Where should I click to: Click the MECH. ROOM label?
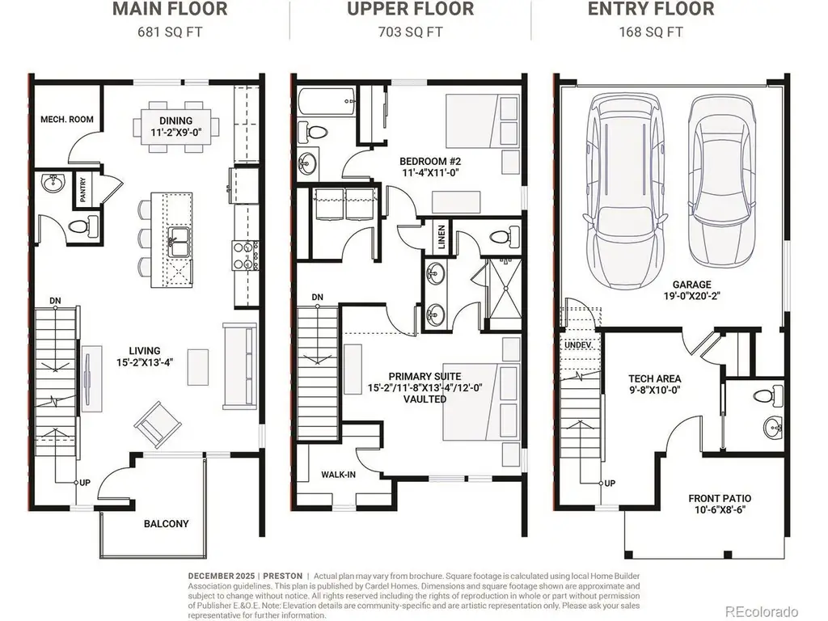click(67, 120)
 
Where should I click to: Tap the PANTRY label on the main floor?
click(83, 189)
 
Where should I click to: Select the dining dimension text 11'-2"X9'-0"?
click(176, 132)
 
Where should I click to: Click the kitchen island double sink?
click(179, 243)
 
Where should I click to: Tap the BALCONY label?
click(167, 524)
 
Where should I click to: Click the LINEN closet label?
click(441, 237)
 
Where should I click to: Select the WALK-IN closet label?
click(339, 475)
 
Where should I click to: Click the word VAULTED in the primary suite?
click(425, 399)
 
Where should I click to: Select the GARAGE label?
click(692, 285)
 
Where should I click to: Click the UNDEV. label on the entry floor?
click(579, 344)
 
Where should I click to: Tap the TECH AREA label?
click(655, 378)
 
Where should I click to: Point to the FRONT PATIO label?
click(720, 498)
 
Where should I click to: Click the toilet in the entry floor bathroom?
click(769, 395)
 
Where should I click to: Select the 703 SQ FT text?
click(410, 32)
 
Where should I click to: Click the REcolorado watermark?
click(761, 611)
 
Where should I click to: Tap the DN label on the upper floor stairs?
click(317, 298)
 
